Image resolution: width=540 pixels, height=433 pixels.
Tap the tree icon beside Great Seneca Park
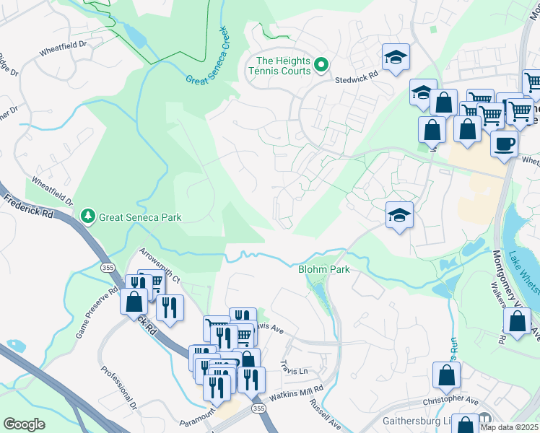[88, 216]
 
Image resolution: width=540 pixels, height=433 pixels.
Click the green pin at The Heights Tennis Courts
[321, 66]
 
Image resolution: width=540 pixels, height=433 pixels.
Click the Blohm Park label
[324, 269]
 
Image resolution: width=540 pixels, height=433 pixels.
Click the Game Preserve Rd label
[97, 314]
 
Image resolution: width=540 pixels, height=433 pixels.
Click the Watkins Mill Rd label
[296, 393]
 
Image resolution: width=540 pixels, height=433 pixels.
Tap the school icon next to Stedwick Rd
[396, 58]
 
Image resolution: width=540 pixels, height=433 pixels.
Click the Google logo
[25, 424]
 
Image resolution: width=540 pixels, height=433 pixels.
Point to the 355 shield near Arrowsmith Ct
[106, 267]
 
